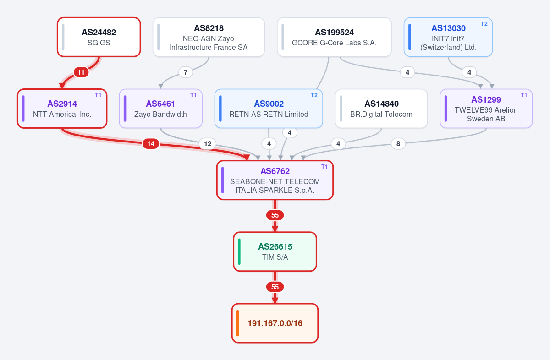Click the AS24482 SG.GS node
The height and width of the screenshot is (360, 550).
click(x=99, y=37)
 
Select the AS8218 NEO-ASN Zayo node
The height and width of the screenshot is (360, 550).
click(x=209, y=37)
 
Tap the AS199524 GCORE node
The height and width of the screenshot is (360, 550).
click(x=334, y=37)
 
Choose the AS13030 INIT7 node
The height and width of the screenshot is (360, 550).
click(x=448, y=37)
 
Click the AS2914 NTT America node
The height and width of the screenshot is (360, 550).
click(x=62, y=109)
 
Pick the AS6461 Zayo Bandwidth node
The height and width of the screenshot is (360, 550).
click(x=160, y=109)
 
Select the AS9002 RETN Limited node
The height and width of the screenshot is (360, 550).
click(x=269, y=109)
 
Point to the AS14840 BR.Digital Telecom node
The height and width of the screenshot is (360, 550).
click(x=381, y=109)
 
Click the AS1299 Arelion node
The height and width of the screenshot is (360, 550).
click(x=486, y=109)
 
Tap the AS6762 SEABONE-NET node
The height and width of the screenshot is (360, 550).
click(x=275, y=180)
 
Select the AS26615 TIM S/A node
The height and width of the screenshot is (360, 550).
click(x=275, y=251)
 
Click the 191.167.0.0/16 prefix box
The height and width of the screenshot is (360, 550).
click(x=275, y=323)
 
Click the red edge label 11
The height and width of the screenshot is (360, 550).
click(x=81, y=72)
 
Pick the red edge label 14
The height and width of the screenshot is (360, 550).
click(x=151, y=143)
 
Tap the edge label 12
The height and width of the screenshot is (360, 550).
click(x=208, y=143)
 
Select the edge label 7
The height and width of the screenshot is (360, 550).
click(x=186, y=72)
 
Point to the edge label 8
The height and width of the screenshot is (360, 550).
click(x=398, y=143)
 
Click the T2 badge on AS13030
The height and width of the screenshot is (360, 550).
click(x=484, y=24)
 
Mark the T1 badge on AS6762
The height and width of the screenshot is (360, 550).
click(x=324, y=167)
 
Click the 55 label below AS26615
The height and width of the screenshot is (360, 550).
click(x=275, y=287)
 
